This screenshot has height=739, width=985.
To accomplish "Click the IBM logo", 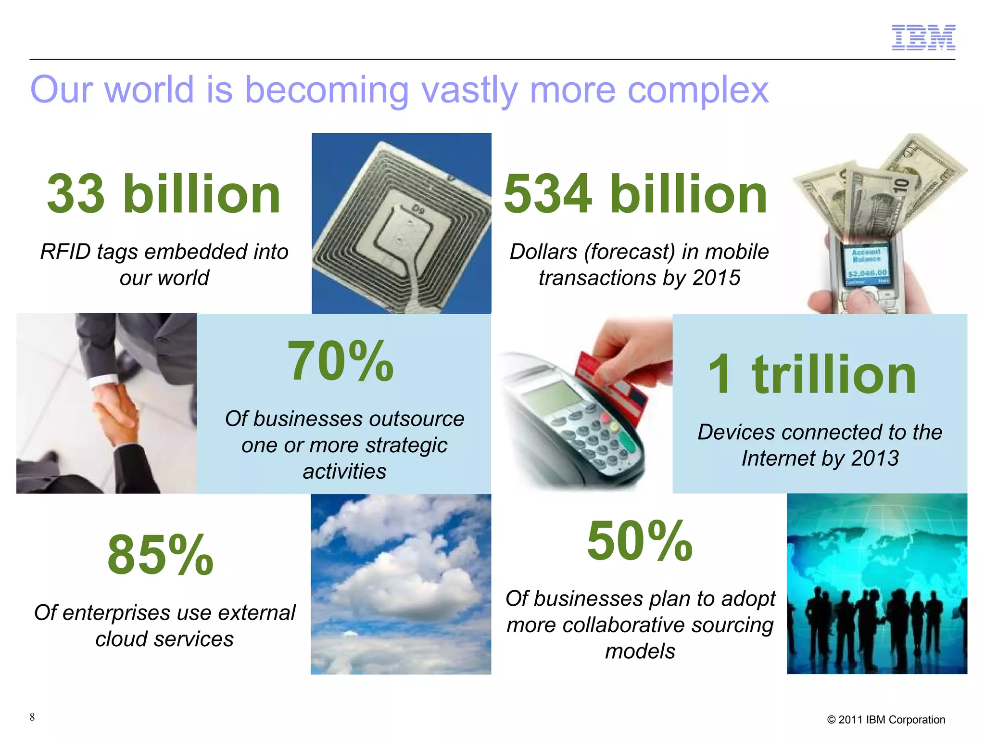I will pyautogui.click(x=923, y=38).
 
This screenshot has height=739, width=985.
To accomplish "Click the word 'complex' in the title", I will pyautogui.click(x=698, y=90).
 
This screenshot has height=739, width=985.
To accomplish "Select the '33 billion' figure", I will pyautogui.click(x=164, y=194).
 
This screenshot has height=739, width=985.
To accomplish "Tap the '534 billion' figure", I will pyautogui.click(x=635, y=194).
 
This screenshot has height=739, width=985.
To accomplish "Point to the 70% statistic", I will pyautogui.click(x=341, y=361).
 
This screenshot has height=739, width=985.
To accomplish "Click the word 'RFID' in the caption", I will pyautogui.click(x=65, y=252).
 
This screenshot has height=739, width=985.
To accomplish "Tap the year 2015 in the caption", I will pyautogui.click(x=716, y=278).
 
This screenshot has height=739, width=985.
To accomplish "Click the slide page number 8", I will pyautogui.click(x=32, y=717).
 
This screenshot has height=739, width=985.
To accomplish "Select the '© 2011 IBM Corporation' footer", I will pyautogui.click(x=886, y=720).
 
